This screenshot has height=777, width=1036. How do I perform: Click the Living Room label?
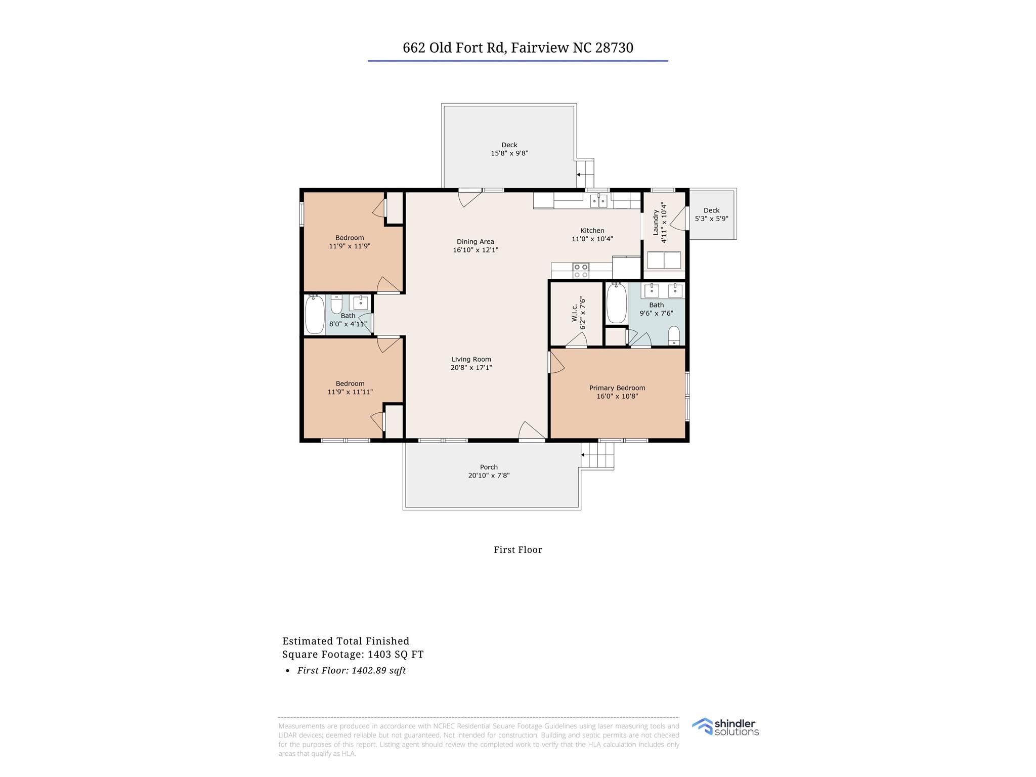pyautogui.click(x=471, y=359)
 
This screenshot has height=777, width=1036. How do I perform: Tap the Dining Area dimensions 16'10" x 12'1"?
pyautogui.click(x=476, y=250)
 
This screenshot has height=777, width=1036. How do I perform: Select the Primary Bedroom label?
pyautogui.click(x=617, y=388)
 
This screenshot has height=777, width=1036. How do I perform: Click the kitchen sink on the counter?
pyautogui.click(x=599, y=201)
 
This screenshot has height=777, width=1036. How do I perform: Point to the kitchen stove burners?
pyautogui.click(x=581, y=271)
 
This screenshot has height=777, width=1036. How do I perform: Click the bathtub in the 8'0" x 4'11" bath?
pyautogui.click(x=315, y=315)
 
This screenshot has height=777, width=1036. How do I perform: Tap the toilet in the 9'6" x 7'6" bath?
pyautogui.click(x=674, y=335)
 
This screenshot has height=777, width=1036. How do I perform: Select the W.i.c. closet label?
pyautogui.click(x=575, y=313)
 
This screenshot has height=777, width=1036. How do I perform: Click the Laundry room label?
pyautogui.click(x=656, y=223)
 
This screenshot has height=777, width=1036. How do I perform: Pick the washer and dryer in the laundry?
pyautogui.click(x=664, y=260)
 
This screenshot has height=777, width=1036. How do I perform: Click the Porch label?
pyautogui.click(x=489, y=467)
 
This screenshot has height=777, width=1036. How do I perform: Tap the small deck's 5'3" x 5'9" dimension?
pyautogui.click(x=712, y=219)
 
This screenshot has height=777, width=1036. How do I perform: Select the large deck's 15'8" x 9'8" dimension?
pyautogui.click(x=509, y=153)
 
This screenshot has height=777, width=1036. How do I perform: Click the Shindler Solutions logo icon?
pyautogui.click(x=702, y=726)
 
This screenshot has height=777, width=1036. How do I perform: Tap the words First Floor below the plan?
pyautogui.click(x=518, y=550)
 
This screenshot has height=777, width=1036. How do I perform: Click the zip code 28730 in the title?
pyautogui.click(x=615, y=48)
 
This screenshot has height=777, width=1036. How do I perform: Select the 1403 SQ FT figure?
pyautogui.click(x=396, y=655)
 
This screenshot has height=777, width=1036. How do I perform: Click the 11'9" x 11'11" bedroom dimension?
pyautogui.click(x=350, y=392)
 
